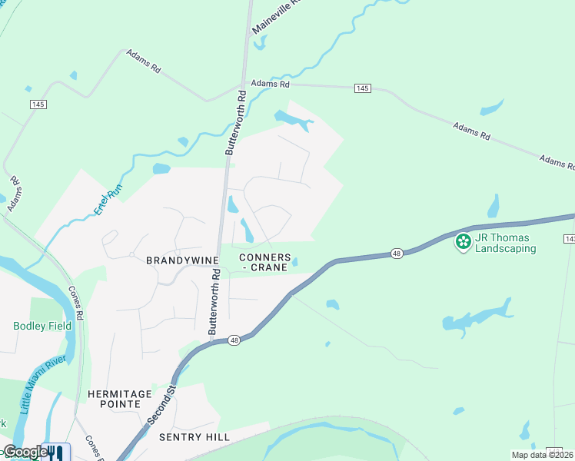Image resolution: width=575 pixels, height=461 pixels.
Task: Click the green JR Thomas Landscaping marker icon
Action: [463, 242]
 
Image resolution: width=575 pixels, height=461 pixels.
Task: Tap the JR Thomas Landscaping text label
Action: [505, 243]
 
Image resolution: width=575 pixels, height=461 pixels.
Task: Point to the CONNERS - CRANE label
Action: [264, 262]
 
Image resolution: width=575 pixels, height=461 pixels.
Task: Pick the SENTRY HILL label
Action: [193, 436]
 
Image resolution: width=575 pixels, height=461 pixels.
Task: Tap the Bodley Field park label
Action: [42, 326]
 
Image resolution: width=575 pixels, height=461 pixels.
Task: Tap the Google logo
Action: [25, 452]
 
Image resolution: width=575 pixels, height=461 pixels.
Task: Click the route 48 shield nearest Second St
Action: [234, 340]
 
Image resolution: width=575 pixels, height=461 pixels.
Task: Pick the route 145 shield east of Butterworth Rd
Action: [363, 88]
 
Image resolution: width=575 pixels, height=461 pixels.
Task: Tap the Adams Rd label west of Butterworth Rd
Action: [143, 63]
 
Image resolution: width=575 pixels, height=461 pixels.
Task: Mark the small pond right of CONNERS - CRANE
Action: [295, 263]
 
